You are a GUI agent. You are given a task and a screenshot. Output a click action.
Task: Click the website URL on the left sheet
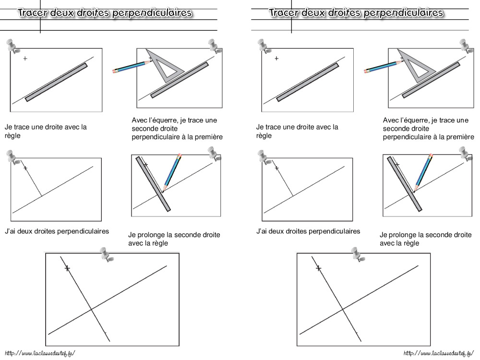pyautogui.click(x=38, y=353)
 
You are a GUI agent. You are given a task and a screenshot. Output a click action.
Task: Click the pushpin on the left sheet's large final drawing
pyautogui.click(x=106, y=254)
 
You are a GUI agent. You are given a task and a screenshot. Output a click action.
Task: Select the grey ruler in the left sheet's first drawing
pyautogui.click(x=57, y=82)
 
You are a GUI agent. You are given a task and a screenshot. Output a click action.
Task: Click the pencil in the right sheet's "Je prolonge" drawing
pyautogui.click(x=422, y=172)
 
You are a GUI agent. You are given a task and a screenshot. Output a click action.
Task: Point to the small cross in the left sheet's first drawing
pyautogui.click(x=25, y=59)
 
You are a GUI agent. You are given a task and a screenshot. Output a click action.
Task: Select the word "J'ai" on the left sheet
pyautogui.click(x=11, y=231)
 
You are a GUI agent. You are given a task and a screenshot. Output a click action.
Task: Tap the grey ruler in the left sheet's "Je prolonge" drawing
pyautogui.click(x=154, y=184)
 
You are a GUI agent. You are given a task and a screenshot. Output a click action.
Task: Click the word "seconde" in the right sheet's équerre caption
pyautogui.click(x=396, y=129)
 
